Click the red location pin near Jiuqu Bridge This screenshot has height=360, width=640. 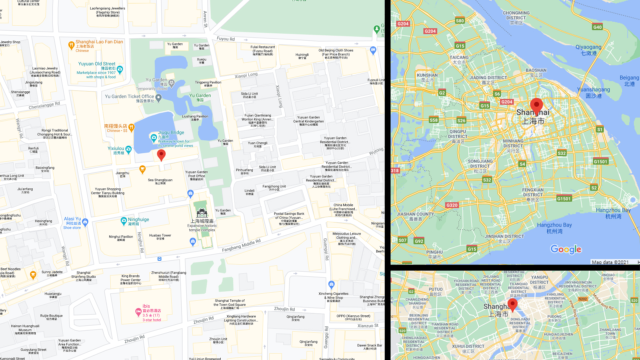(x=161, y=155)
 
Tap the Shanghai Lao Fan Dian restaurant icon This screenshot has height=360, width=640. (x=71, y=45)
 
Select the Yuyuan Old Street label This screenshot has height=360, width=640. (x=97, y=64)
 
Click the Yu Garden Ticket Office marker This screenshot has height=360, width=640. (x=159, y=98)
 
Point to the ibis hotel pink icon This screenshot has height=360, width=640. (x=138, y=312)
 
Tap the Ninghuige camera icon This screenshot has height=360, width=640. (x=124, y=221)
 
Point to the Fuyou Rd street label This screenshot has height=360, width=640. (x=226, y=39)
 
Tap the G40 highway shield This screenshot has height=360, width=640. (x=597, y=27)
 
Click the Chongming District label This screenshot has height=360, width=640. (x=516, y=15)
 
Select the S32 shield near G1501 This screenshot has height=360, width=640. (x=562, y=153)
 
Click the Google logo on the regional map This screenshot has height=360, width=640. (x=566, y=249)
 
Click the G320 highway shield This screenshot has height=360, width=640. (x=452, y=205)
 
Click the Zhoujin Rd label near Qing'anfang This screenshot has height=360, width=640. (x=284, y=309)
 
